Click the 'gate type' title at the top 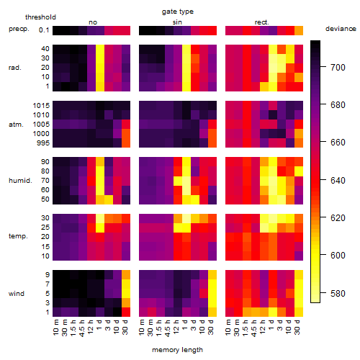[x=178, y=12]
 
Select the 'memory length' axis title [x=177, y=350]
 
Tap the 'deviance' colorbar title [x=341, y=29]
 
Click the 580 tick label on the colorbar [x=338, y=293]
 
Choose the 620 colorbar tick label [x=338, y=218]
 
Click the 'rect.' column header [x=262, y=22]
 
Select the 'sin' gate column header [x=177, y=22]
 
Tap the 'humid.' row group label [x=20, y=181]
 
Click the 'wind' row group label [x=17, y=294]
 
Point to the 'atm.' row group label [x=16, y=125]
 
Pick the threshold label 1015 [x=41, y=106]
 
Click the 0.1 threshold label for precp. [x=44, y=30]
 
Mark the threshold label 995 [x=43, y=143]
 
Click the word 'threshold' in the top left [x=40, y=17]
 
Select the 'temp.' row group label [x=18, y=236]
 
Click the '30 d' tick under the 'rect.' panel [x=297, y=327]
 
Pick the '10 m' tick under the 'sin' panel [x=143, y=327]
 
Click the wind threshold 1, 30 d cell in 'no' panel [x=126, y=312]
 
